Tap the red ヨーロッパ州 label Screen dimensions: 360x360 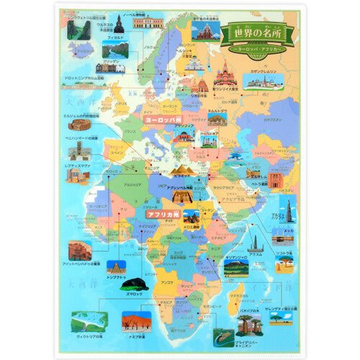[x=162, y=120]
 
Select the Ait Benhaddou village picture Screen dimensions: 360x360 [x=79, y=251]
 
